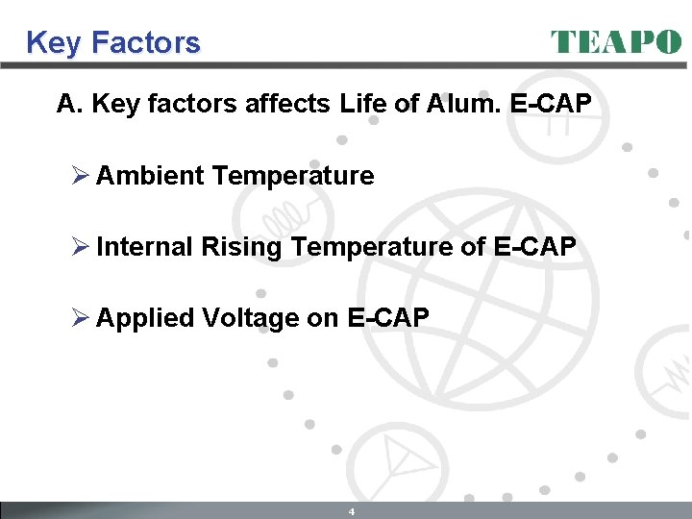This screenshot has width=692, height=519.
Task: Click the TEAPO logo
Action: pyautogui.click(x=615, y=42)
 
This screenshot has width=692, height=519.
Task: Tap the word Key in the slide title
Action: pyautogui.click(x=50, y=43)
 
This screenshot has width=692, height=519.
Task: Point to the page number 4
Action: pyautogui.click(x=352, y=511)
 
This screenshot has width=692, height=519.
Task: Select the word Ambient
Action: pyautogui.click(x=150, y=176)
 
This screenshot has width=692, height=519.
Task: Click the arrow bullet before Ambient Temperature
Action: pyautogui.click(x=80, y=176)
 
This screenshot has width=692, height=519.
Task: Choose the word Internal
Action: pyautogui.click(x=145, y=247)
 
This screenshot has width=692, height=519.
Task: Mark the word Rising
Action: pyautogui.click(x=241, y=247)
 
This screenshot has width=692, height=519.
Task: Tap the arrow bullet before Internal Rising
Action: pyautogui.click(x=80, y=247)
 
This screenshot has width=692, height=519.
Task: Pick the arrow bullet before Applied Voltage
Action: pyautogui.click(x=80, y=318)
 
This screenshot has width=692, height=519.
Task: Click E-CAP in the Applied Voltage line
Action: pyautogui.click(x=387, y=318)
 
